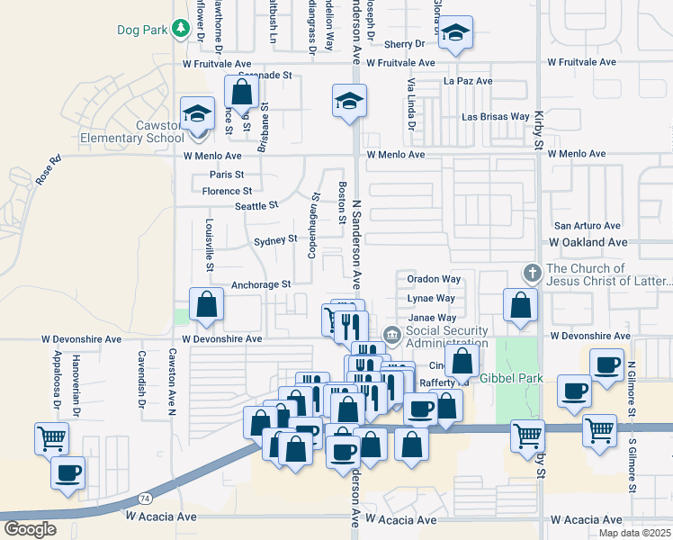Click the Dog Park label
coord(142,30)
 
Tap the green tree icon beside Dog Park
coord(180,30)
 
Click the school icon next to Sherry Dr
coord(456,34)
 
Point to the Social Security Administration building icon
coord(391,336)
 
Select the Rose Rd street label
coord(48,172)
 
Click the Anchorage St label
coord(261,284)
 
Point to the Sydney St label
coord(275,240)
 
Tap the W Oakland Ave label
coord(588,243)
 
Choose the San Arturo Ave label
coord(587,226)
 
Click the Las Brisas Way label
coord(496,117)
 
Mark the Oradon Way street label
coord(434,280)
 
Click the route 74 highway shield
coord(146,497)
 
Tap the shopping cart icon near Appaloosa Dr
coord(51,438)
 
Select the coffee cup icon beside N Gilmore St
coord(606,364)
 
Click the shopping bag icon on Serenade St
coord(241,92)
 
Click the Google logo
coord(30,529)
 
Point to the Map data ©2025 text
coord(634,533)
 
